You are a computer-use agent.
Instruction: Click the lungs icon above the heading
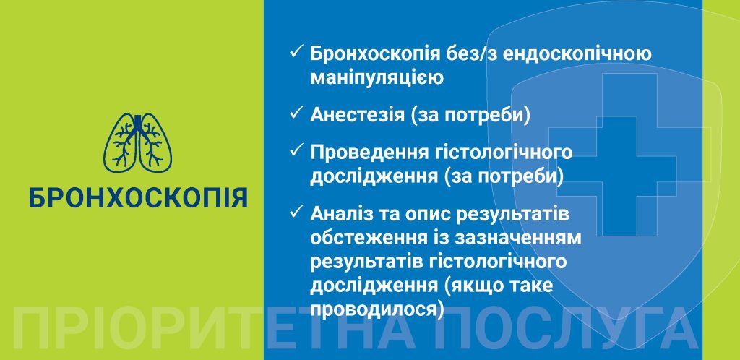pyautogui.click(x=138, y=142)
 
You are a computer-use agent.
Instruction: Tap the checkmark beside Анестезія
pyautogui.click(x=296, y=113)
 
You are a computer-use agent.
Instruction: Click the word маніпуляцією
pyautogui.click(x=377, y=78)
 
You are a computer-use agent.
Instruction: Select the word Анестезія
pyautogui.click(x=357, y=115)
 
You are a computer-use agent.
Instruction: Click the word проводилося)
pyautogui.click(x=377, y=309)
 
